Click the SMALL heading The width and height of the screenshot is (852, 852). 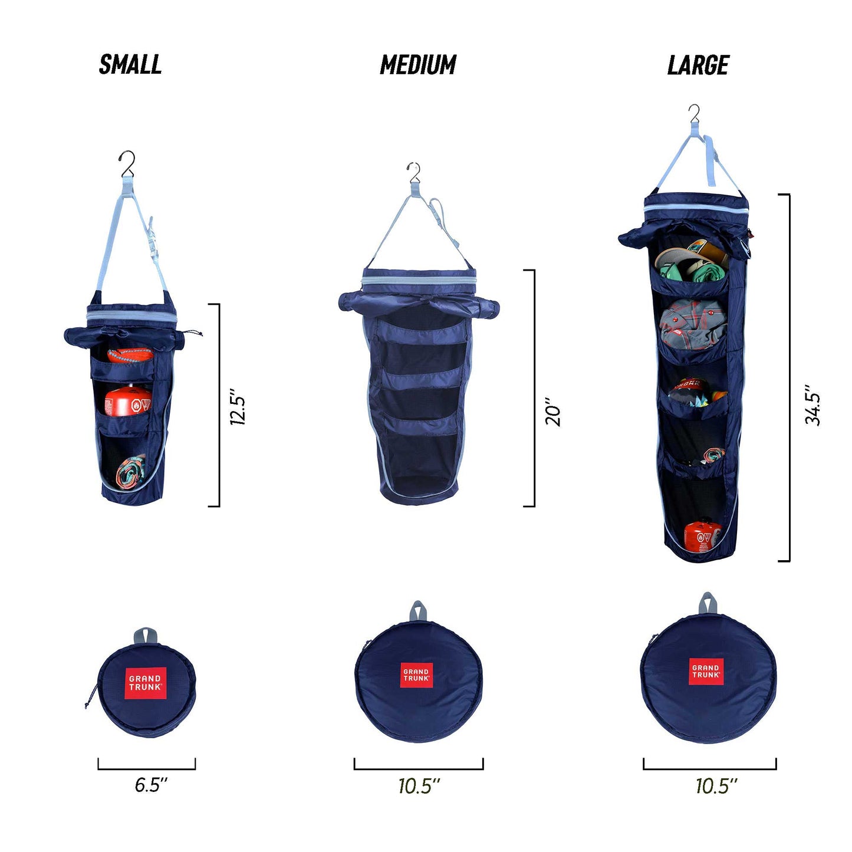(x=130, y=64)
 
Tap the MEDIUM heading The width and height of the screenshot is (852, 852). (x=418, y=65)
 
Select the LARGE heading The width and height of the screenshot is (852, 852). (x=698, y=65)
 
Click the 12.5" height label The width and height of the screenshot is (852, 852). (x=238, y=407)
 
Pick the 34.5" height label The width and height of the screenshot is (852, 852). (x=813, y=405)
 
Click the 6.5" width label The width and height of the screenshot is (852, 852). (x=151, y=785)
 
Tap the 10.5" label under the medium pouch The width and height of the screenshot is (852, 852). (x=419, y=786)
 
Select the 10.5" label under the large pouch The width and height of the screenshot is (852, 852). (x=716, y=786)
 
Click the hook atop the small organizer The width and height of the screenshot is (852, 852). (x=127, y=164)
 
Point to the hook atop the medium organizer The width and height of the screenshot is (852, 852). (x=415, y=172)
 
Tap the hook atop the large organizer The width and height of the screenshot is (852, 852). (x=695, y=113)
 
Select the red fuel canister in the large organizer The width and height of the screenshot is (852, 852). (x=702, y=535)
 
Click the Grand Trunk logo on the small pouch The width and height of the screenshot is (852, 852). (x=146, y=683)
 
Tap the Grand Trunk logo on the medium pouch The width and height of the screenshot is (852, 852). (x=416, y=675)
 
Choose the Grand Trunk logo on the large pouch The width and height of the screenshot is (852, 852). (x=706, y=672)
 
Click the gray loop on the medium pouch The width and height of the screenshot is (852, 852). (x=417, y=611)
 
